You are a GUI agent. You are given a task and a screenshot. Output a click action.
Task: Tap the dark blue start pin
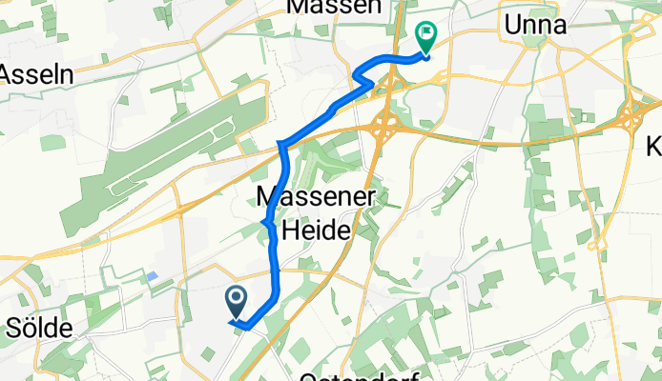[x=237, y=302]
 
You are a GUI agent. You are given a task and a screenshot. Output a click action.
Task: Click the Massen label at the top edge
[x=333, y=7]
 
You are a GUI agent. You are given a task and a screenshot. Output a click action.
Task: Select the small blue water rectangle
[x=153, y=276]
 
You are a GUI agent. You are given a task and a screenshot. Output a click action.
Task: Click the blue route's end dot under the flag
[x=425, y=56]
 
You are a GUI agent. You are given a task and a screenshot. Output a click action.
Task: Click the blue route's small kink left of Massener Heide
[x=264, y=223]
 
